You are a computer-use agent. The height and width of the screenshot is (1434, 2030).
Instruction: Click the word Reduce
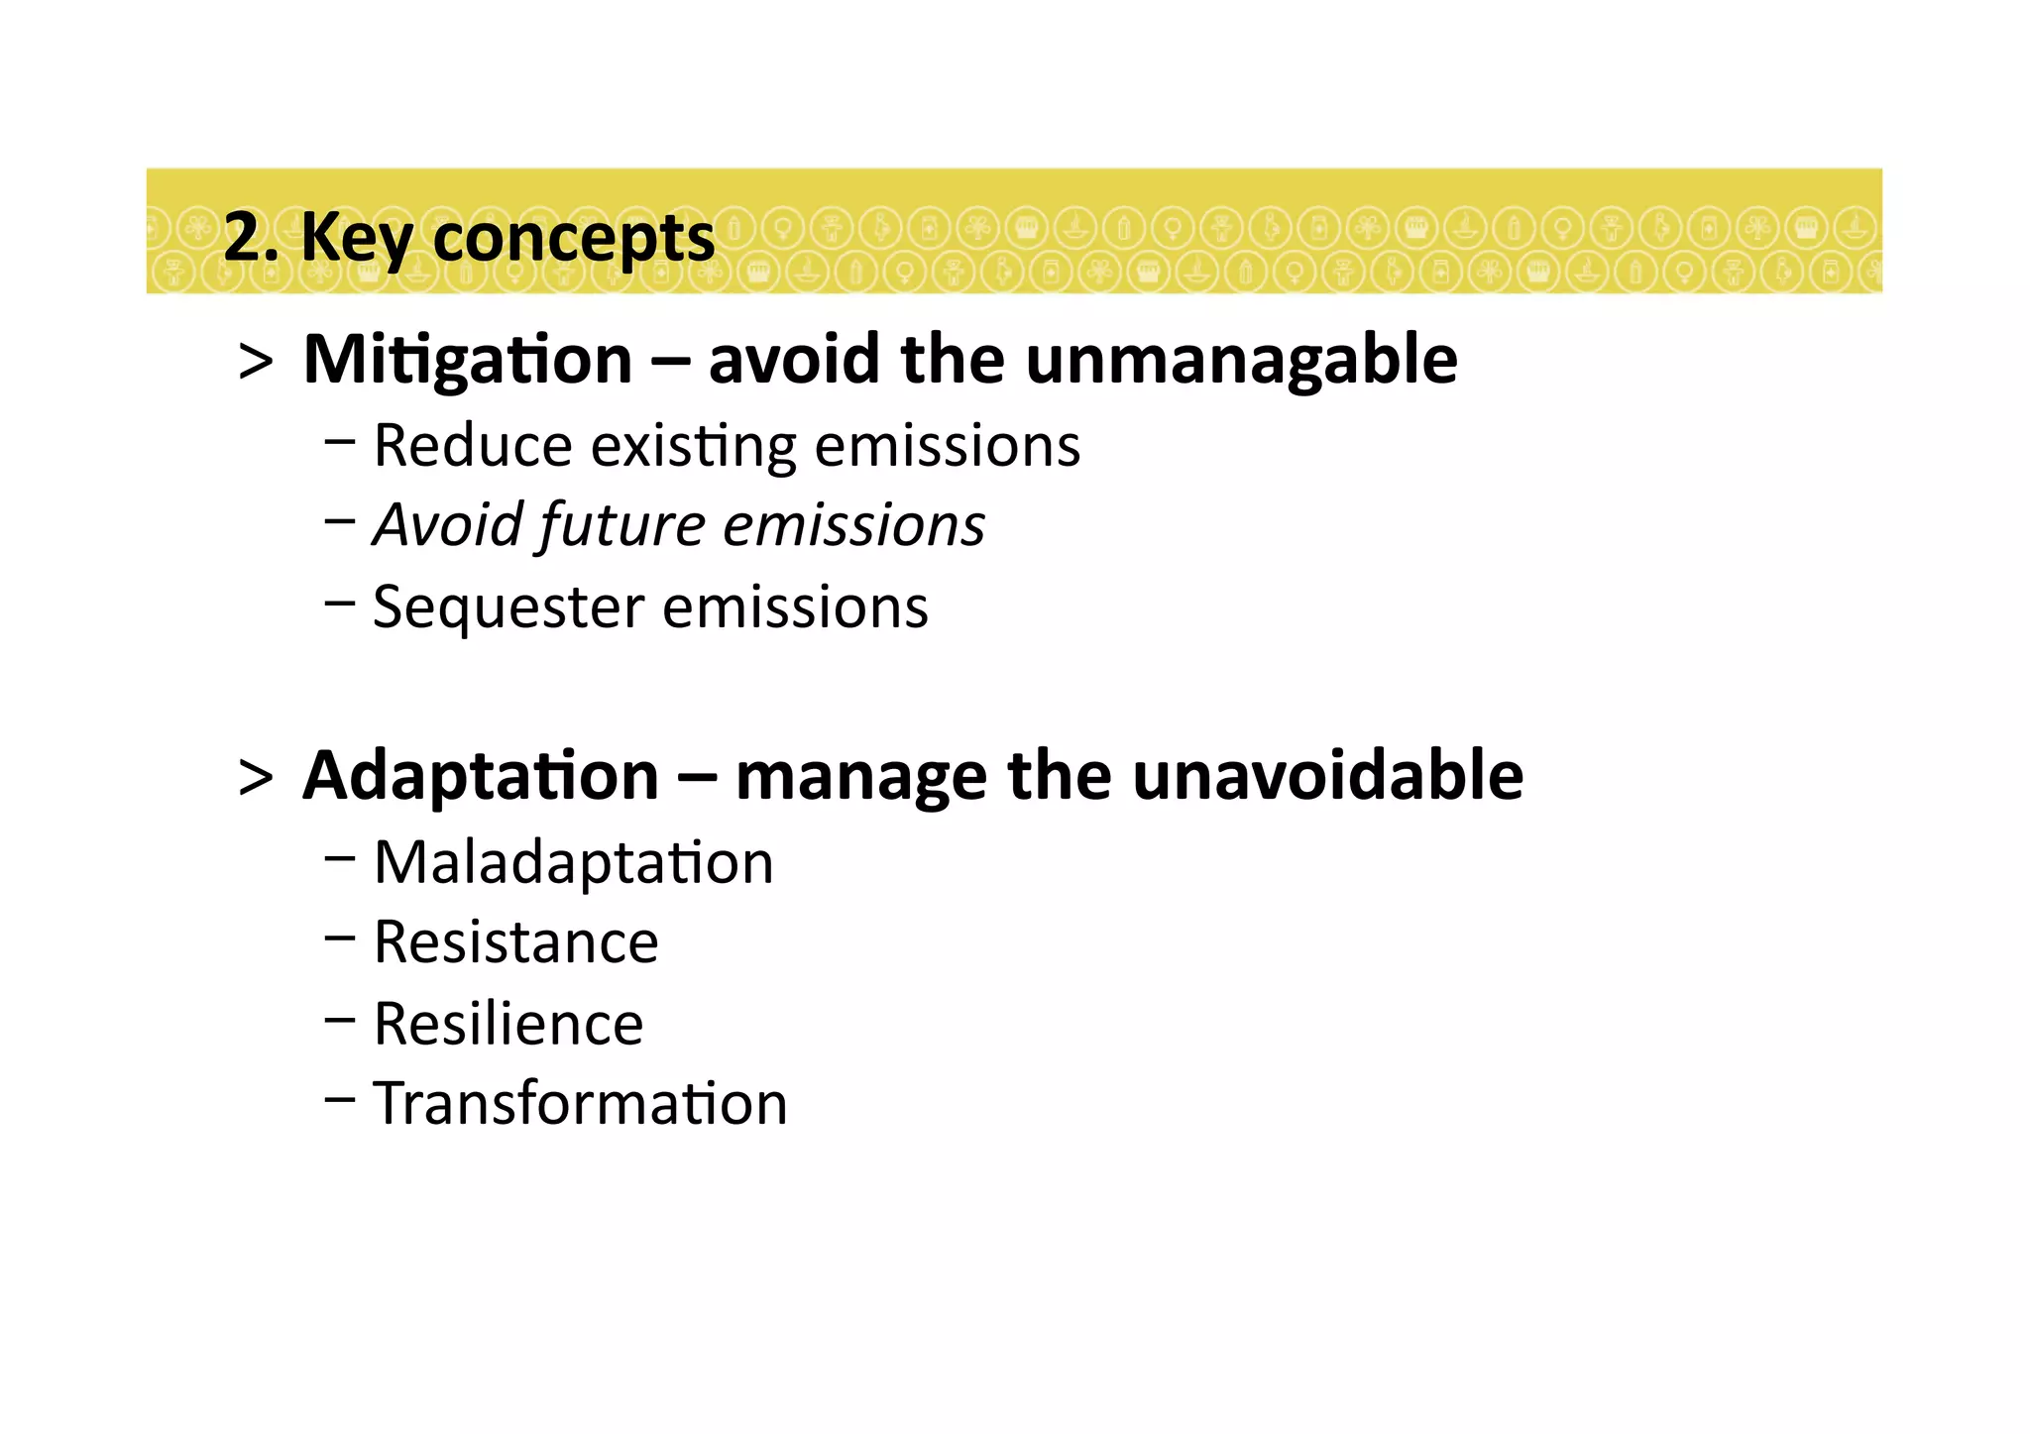point(472,446)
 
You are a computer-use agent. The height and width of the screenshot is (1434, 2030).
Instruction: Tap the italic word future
point(621,525)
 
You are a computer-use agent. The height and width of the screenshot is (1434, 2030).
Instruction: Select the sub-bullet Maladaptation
point(573,862)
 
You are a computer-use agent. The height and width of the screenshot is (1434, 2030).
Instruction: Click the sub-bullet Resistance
point(515,941)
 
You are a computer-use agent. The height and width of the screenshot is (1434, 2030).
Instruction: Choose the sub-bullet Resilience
point(507,1024)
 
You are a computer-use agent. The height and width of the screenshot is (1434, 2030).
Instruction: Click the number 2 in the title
point(241,238)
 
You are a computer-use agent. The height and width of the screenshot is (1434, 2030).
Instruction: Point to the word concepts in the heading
point(573,238)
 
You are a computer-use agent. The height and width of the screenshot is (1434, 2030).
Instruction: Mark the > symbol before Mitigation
point(256,363)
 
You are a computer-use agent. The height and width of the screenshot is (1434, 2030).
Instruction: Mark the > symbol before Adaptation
point(256,779)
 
